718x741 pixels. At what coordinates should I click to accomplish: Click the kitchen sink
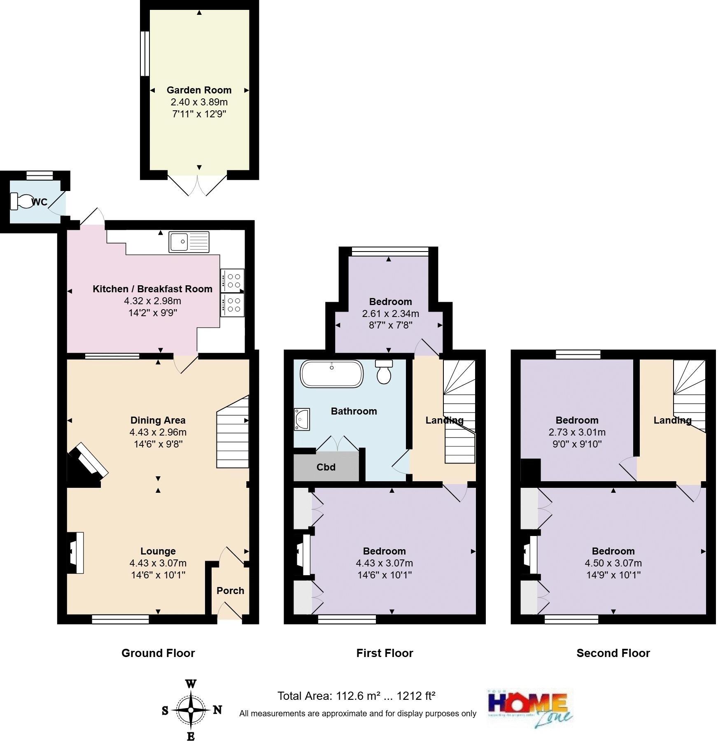tap(189, 242)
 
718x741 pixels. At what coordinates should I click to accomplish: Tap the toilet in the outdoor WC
tap(23, 201)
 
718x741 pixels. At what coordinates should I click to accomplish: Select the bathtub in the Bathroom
tap(332, 374)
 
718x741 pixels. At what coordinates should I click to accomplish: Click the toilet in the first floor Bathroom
tap(384, 372)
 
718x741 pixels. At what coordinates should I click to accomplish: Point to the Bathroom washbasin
tap(302, 419)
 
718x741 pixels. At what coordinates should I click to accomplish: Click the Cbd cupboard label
tap(326, 467)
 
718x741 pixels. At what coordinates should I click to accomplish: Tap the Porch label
tap(230, 591)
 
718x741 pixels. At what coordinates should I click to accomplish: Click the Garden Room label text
tap(199, 90)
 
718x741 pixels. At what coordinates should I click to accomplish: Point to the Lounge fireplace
tap(75, 553)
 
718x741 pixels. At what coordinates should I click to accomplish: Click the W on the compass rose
tap(191, 685)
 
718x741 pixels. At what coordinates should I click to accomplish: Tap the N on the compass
tap(217, 710)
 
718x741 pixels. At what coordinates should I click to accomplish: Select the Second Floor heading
tap(613, 653)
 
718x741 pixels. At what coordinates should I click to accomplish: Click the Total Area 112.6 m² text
tap(356, 696)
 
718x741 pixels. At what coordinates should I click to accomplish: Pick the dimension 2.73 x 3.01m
tap(577, 432)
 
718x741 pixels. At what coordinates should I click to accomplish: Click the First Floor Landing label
tap(444, 420)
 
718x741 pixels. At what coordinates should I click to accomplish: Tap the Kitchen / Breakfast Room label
tap(152, 289)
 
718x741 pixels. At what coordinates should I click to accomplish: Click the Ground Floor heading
tap(158, 653)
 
